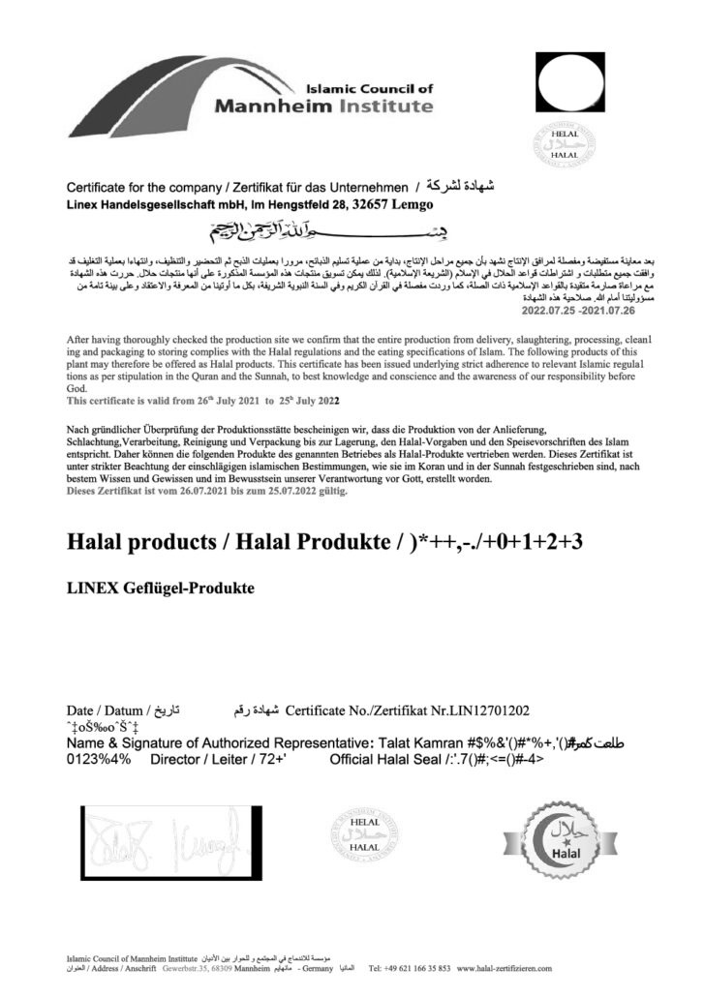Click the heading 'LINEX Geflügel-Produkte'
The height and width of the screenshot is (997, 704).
point(161,586)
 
